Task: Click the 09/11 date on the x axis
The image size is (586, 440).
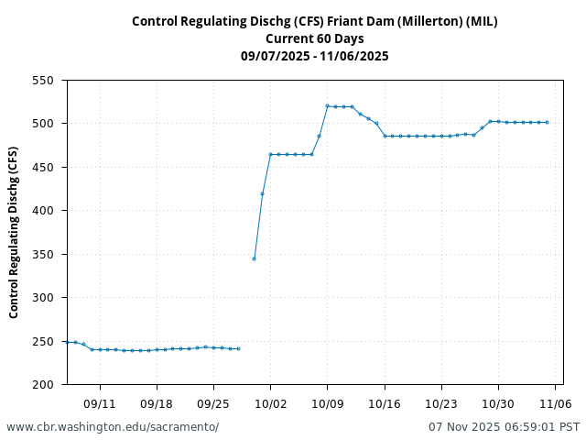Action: pyautogui.click(x=100, y=403)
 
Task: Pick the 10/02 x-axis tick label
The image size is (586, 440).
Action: pyautogui.click(x=270, y=403)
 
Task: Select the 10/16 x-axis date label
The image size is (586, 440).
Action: pyautogui.click(x=384, y=403)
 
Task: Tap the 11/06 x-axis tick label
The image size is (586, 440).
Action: pyautogui.click(x=555, y=403)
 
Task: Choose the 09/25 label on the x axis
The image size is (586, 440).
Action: pyautogui.click(x=213, y=403)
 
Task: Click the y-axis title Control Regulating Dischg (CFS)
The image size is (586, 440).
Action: pyautogui.click(x=14, y=232)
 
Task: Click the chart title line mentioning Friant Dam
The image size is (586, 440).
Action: pyautogui.click(x=315, y=21)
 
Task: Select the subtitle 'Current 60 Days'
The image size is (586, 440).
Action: pyautogui.click(x=315, y=38)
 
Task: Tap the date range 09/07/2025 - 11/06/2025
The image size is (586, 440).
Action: pyautogui.click(x=315, y=56)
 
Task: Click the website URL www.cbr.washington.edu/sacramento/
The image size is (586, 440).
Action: pyautogui.click(x=113, y=427)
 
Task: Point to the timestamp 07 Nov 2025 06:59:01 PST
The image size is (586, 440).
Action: pyautogui.click(x=505, y=427)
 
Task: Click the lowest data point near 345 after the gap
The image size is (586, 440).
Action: pyautogui.click(x=254, y=258)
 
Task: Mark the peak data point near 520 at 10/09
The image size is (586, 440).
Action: pyautogui.click(x=327, y=106)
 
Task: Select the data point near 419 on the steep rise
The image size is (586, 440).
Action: pyautogui.click(x=262, y=194)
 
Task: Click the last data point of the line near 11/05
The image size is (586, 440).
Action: pyautogui.click(x=547, y=123)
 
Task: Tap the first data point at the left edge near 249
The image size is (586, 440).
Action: pyautogui.click(x=68, y=342)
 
